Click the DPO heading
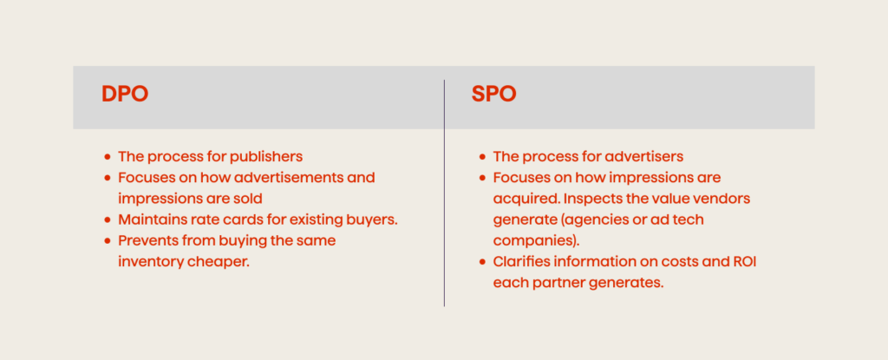(x=125, y=94)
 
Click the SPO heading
(x=494, y=94)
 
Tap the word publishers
(x=264, y=157)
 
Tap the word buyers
(x=368, y=219)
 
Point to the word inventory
(x=150, y=261)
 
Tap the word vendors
(x=721, y=199)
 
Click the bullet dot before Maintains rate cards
(x=108, y=220)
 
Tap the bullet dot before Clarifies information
(x=482, y=262)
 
